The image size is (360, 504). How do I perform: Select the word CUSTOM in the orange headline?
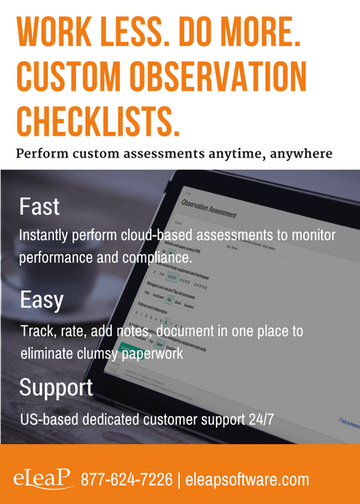click(x=67, y=77)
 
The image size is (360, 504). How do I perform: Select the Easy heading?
click(x=41, y=301)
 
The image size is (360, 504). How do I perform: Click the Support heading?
click(x=56, y=387)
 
